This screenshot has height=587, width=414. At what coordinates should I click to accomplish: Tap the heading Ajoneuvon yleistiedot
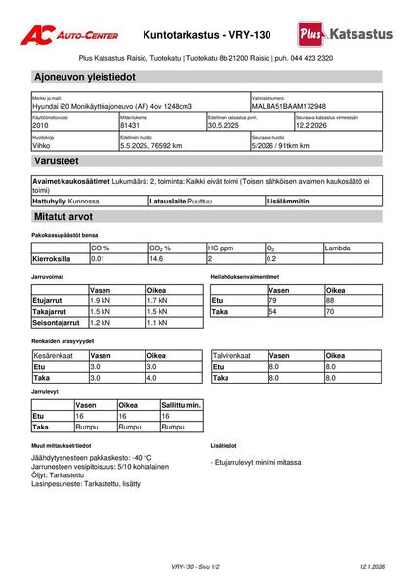pyautogui.click(x=83, y=76)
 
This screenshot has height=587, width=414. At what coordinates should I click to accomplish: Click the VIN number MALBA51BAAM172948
pyautogui.click(x=289, y=106)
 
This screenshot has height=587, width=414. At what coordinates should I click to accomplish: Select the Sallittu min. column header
pyautogui.click(x=181, y=405)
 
